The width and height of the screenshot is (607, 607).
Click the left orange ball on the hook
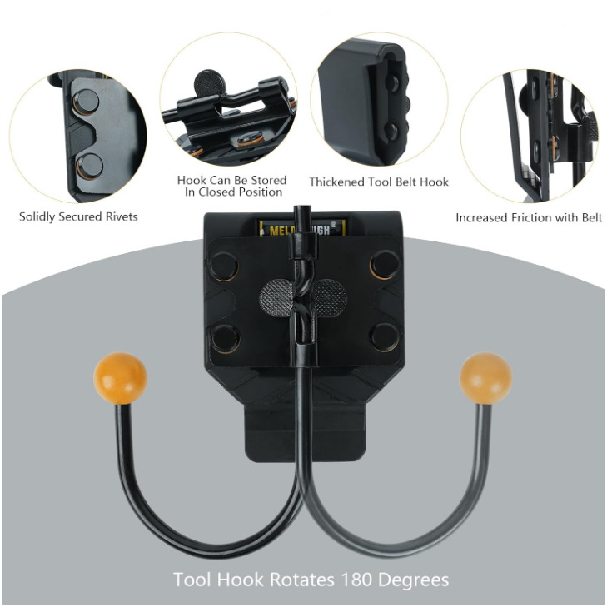121,378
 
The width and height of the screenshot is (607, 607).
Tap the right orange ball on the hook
485,378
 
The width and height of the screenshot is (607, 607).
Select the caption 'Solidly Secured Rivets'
78,217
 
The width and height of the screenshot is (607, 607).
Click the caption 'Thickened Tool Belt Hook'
379,182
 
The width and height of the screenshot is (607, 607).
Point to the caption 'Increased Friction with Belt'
529,218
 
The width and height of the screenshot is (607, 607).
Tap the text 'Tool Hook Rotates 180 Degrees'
311,579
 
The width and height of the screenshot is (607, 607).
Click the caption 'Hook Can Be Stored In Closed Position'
231,186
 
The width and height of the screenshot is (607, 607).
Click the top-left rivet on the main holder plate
223,265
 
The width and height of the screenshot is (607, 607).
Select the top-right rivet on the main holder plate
384,265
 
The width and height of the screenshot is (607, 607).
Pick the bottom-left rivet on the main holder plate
223,337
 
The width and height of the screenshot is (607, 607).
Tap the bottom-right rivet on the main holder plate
384,337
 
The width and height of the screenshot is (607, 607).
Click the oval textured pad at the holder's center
303,296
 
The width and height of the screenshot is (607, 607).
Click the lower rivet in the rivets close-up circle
88,164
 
